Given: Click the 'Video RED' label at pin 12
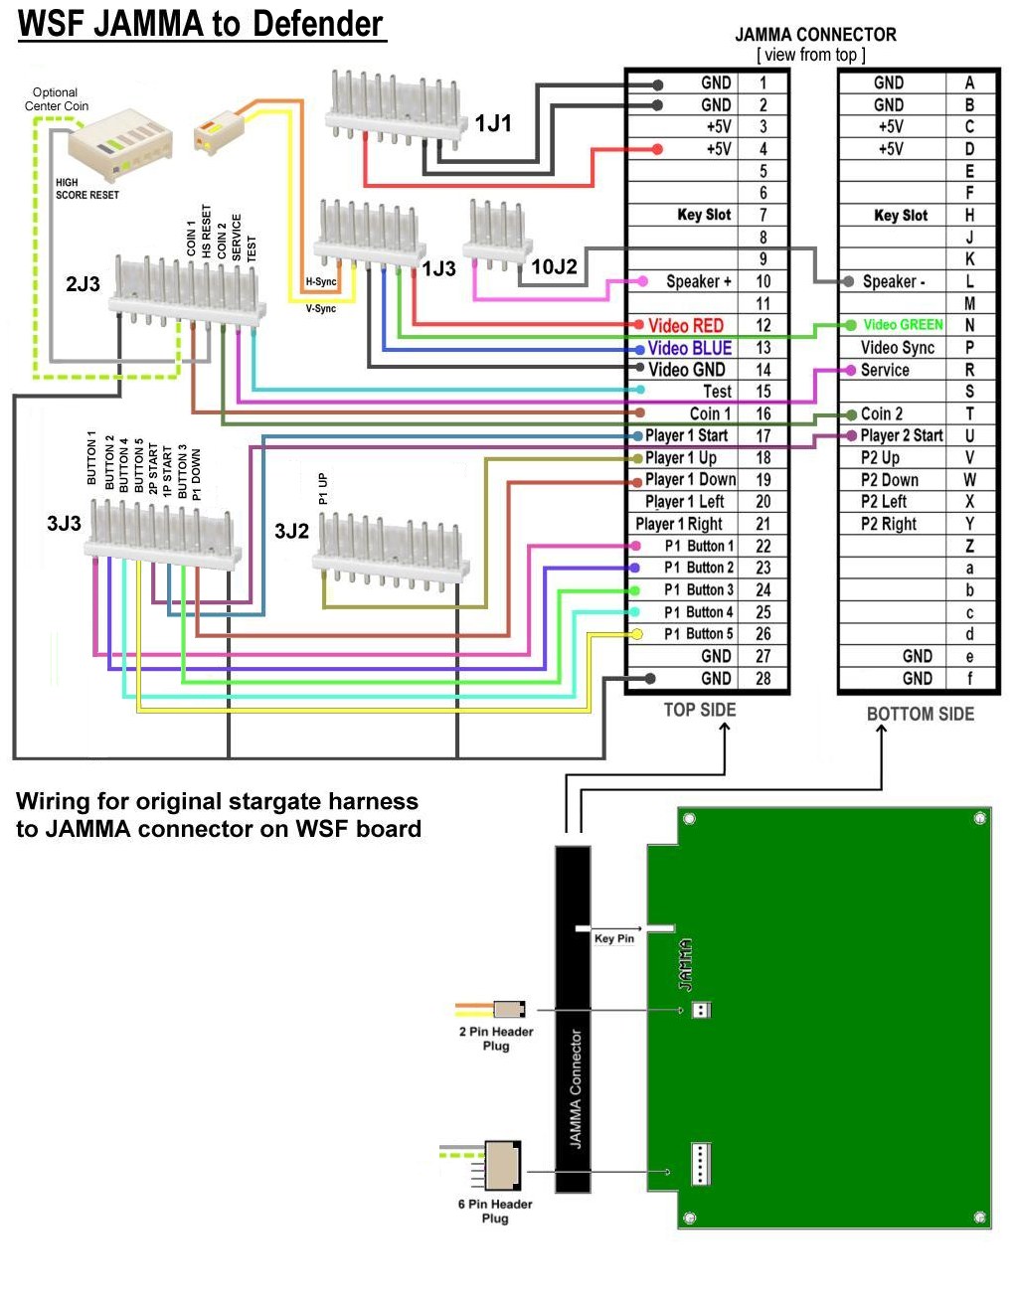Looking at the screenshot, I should [x=685, y=325].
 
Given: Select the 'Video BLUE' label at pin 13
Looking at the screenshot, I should [x=689, y=348].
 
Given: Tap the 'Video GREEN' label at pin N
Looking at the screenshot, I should [x=903, y=324].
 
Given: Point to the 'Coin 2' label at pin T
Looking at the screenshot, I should [x=882, y=413].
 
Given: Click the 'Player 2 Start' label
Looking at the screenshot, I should [x=901, y=435].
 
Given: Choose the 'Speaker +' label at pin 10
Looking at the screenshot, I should [x=698, y=281].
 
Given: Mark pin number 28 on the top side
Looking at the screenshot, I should [x=763, y=678].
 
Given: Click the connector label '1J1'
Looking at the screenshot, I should [x=493, y=123].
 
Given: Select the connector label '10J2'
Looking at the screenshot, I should [x=554, y=266].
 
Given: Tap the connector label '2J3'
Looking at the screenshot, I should [x=83, y=284].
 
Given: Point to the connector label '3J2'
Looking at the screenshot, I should [x=291, y=531].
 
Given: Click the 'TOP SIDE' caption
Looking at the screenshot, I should [x=700, y=710].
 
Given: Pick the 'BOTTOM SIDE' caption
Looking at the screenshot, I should [x=920, y=714].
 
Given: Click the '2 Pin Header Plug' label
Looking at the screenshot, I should [x=495, y=1039].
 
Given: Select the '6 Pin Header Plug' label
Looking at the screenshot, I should [x=495, y=1211].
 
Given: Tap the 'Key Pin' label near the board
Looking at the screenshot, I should [x=613, y=938].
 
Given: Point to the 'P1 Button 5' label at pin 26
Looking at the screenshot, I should [x=698, y=633].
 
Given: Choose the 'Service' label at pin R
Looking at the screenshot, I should [x=885, y=370].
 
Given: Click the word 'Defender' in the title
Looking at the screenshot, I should [x=318, y=24].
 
